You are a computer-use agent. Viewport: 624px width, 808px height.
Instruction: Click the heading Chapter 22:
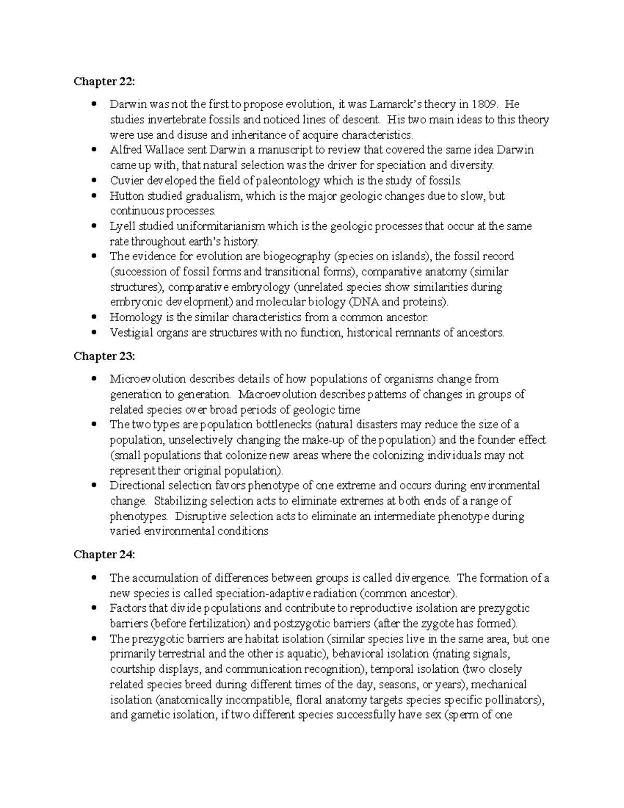pos(104,81)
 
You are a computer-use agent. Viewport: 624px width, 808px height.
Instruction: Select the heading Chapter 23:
pos(104,356)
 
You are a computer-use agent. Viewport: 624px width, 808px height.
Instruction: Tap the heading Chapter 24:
pos(104,555)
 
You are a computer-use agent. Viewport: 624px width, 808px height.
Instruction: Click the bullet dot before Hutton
pos(94,196)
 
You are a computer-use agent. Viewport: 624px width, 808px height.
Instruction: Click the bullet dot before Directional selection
pos(94,486)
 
